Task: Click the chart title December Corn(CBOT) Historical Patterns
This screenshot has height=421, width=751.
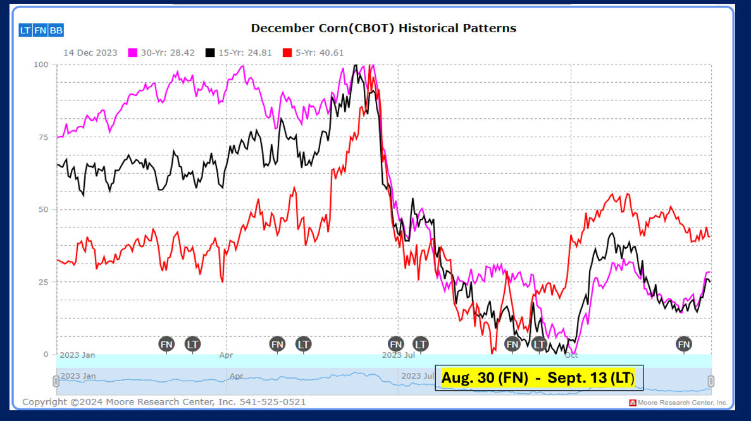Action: click(383, 28)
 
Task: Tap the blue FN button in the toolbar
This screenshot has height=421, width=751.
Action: click(40, 30)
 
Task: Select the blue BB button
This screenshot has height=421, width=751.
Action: click(56, 30)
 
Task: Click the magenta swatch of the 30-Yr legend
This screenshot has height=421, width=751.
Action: click(133, 52)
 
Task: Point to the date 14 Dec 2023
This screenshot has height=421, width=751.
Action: click(90, 52)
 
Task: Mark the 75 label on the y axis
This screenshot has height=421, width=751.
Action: click(43, 137)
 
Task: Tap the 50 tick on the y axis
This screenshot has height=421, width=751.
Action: click(43, 209)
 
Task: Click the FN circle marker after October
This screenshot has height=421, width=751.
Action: click(684, 344)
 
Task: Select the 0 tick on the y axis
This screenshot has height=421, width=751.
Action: click(46, 354)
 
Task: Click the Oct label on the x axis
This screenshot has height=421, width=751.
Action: click(571, 355)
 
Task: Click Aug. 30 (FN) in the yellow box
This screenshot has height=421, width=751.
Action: click(485, 378)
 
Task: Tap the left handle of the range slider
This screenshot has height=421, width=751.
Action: click(56, 381)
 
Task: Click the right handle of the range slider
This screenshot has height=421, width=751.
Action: click(711, 381)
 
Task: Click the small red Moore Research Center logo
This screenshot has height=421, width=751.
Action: click(633, 403)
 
